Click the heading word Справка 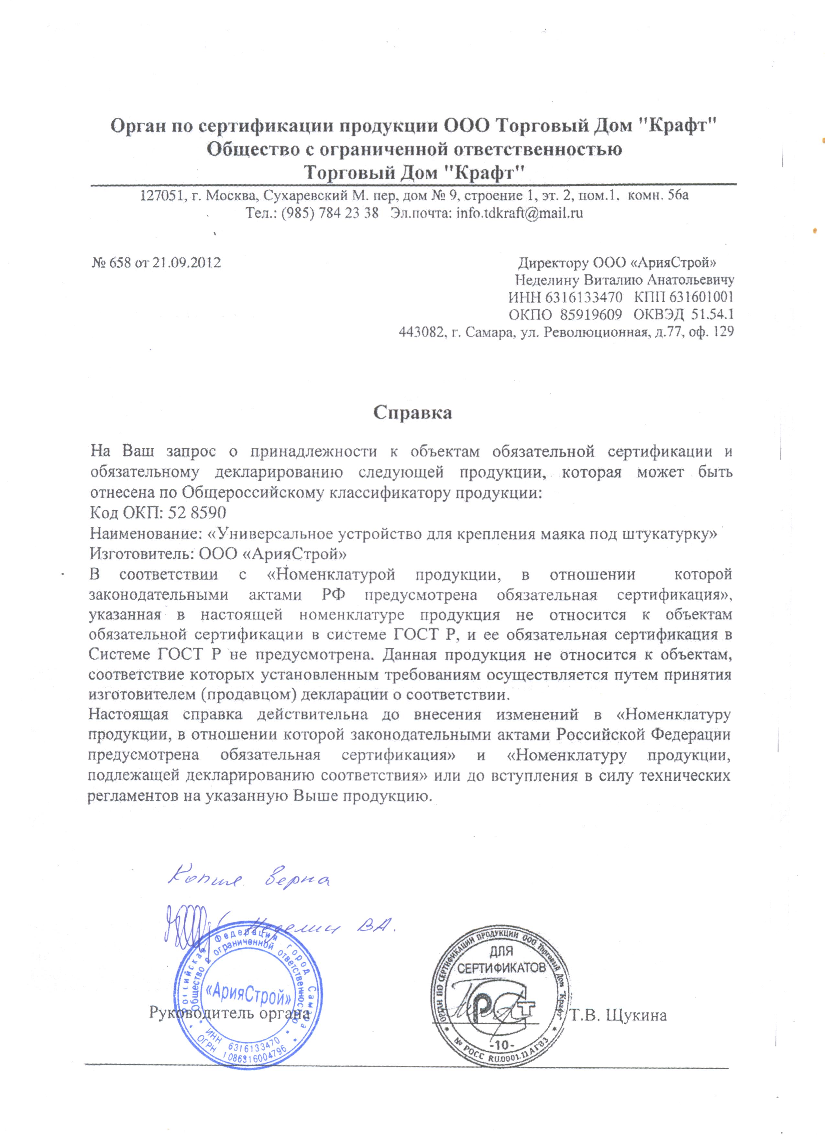(x=412, y=413)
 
